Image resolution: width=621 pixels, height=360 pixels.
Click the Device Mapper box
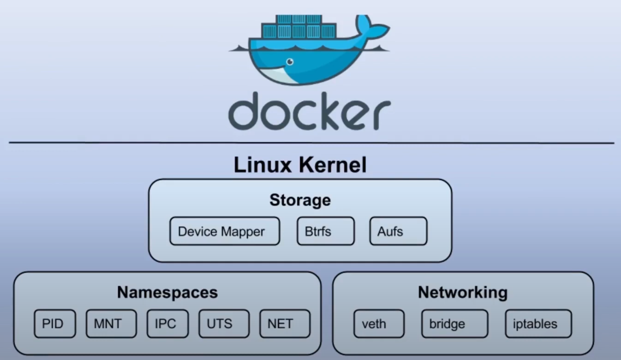224,231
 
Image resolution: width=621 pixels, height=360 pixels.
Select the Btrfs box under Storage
325,231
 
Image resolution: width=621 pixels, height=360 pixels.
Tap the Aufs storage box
398,231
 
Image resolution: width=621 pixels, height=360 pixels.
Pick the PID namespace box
55,324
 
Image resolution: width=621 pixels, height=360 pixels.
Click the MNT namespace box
111,324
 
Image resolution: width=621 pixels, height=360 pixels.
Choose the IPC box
167,324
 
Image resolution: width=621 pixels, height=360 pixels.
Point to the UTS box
224,324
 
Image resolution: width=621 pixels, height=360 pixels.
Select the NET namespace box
285,324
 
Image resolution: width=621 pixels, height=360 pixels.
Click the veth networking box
379,324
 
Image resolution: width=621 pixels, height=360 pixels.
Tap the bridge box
454,324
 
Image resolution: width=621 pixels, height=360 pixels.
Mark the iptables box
538,324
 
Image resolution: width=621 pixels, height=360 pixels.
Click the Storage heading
300,200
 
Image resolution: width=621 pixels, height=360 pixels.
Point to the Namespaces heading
167,292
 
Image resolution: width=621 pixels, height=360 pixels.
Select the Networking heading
463,292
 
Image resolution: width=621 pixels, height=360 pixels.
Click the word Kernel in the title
333,165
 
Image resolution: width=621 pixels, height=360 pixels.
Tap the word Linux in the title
263,165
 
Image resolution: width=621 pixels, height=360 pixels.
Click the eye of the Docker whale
290,62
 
